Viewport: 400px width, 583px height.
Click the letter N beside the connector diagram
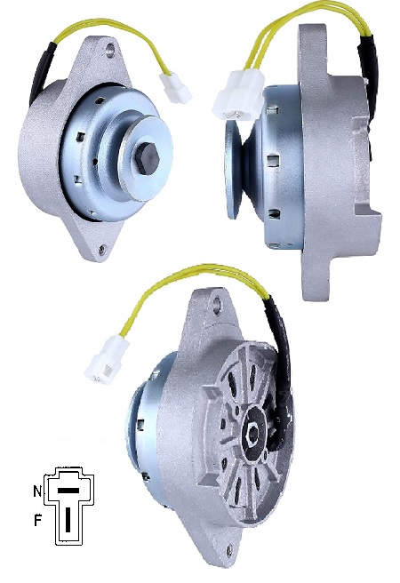[37, 491]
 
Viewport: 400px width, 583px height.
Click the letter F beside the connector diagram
[37, 521]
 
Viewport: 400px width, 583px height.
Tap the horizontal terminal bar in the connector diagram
[69, 491]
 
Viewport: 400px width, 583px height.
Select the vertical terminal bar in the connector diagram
[68, 519]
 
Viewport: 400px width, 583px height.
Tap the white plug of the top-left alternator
[175, 86]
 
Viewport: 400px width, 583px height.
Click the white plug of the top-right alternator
[238, 96]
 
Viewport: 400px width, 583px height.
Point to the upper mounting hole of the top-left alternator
[109, 50]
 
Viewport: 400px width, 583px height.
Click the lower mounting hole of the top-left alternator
[101, 249]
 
